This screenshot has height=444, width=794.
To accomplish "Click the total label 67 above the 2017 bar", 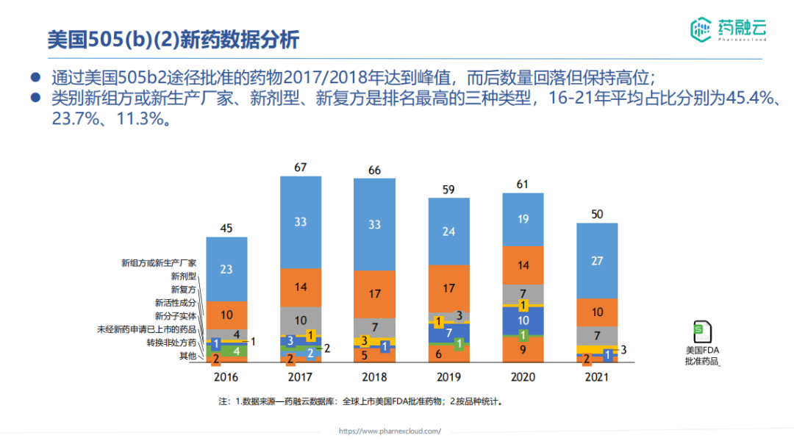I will [x=300, y=168].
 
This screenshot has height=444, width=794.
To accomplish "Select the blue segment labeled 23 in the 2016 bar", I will [x=226, y=269].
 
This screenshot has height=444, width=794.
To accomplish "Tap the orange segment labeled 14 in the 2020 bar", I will [x=523, y=265].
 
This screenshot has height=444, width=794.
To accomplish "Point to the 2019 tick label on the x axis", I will [x=448, y=377].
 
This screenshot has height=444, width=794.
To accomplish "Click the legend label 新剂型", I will [x=183, y=276].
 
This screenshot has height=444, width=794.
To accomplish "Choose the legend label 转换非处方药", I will [x=171, y=343].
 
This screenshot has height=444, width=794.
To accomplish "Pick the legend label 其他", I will [x=188, y=356].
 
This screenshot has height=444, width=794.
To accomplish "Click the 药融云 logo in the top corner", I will [x=728, y=29].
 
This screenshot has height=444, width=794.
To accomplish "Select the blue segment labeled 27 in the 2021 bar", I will [x=597, y=260].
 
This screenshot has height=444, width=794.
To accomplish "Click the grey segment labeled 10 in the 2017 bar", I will [x=300, y=320].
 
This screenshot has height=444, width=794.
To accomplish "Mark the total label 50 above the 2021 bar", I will [x=597, y=214].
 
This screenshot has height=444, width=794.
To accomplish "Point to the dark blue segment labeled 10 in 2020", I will [x=523, y=321].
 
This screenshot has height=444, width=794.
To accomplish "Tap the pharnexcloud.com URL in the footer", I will [x=389, y=432].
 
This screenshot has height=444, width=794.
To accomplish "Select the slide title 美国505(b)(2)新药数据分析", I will [x=174, y=39].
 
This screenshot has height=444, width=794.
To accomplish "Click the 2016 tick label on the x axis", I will [x=226, y=377].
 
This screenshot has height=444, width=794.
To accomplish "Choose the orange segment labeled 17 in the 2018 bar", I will [x=374, y=293].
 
